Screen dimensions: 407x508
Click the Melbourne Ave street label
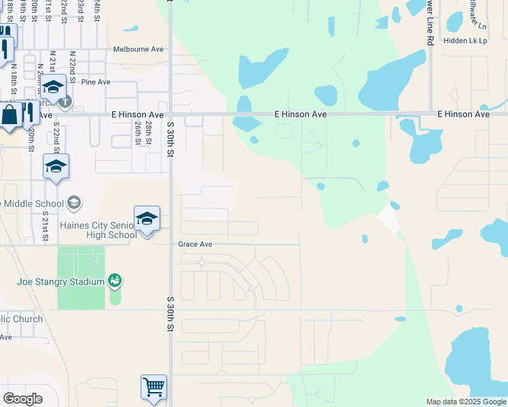139,50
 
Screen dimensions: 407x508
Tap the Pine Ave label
95,82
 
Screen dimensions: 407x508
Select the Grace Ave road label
195,244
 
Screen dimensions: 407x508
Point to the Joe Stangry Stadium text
60,282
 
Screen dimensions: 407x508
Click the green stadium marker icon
115,280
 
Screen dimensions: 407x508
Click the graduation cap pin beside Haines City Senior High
147,219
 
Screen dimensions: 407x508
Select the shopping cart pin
154,388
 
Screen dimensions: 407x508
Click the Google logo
22,399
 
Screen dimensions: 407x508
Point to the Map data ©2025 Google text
465,402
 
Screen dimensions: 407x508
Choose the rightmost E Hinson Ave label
463,115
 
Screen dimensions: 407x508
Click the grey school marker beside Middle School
73,203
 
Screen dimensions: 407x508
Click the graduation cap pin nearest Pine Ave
54,88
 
